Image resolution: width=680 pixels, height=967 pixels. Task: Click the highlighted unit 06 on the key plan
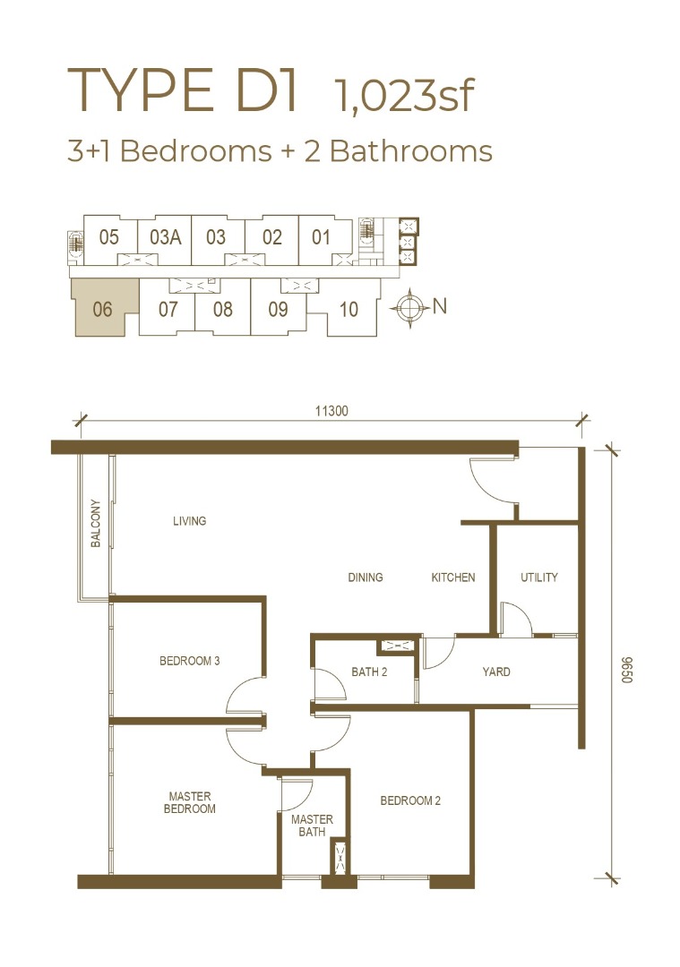point(102,308)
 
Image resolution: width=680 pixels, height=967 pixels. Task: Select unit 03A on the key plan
point(165,237)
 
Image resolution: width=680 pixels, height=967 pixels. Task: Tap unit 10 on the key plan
point(348,309)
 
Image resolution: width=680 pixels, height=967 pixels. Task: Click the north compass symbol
point(410,306)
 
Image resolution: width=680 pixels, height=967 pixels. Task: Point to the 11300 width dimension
point(331,411)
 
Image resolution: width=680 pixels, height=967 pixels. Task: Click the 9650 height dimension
point(627,670)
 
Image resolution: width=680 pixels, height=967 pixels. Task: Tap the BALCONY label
point(96,523)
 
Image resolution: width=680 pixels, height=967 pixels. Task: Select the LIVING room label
point(189,521)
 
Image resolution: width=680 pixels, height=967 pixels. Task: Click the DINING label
point(366,578)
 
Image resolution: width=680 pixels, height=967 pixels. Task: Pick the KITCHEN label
point(453,578)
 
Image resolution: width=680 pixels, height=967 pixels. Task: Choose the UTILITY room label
point(538,578)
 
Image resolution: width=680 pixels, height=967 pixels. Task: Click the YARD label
point(496,672)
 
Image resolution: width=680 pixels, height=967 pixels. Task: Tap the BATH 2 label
point(369,672)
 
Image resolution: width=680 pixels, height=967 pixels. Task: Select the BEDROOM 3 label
point(189,661)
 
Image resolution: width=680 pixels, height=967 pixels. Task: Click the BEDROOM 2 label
point(410,800)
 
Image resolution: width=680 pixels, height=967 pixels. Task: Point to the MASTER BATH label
point(312,826)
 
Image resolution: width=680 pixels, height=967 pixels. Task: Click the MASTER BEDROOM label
point(189,802)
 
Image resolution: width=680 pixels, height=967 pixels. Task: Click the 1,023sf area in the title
point(404,96)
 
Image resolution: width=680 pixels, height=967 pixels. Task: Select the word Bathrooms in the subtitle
point(411,151)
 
